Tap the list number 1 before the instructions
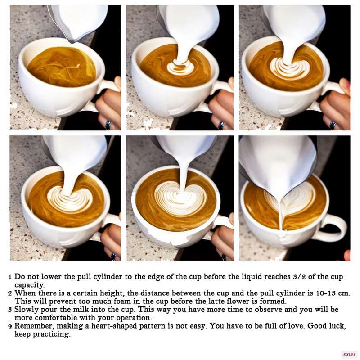[x=10, y=277]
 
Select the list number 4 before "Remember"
[x=10, y=326]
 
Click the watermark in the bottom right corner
[x=350, y=355]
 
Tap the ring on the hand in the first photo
[x=108, y=126]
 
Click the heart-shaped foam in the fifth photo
[x=180, y=198]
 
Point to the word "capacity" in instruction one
[x=29, y=285]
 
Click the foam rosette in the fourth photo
[x=70, y=199]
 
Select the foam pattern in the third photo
[x=290, y=68]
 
